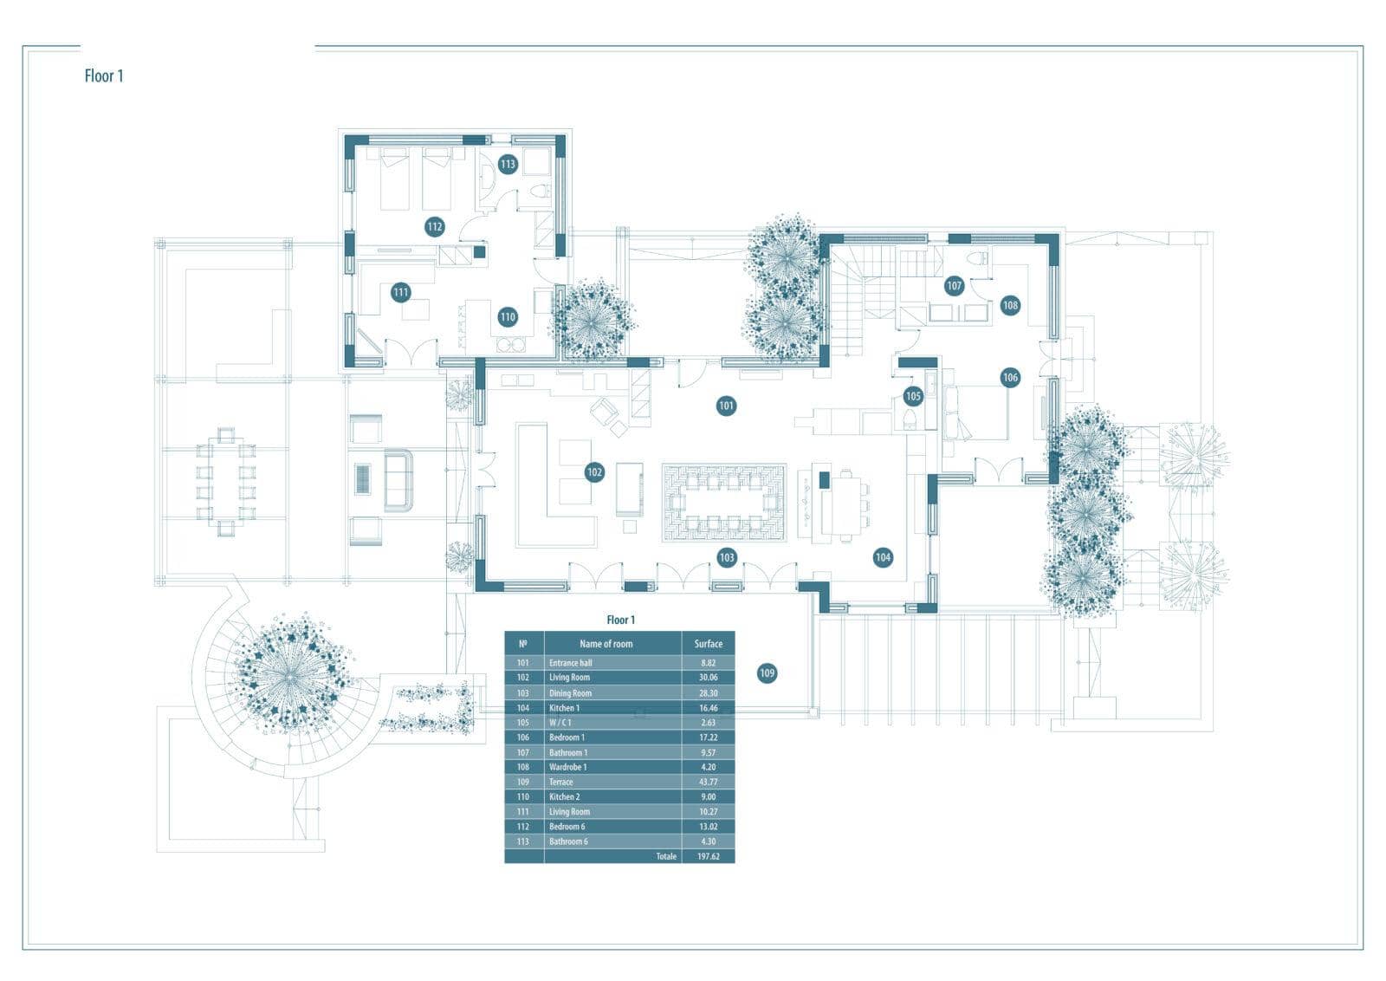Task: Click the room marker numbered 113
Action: pyautogui.click(x=508, y=164)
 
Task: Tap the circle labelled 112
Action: pyautogui.click(x=434, y=226)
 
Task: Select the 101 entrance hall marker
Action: pyautogui.click(x=727, y=406)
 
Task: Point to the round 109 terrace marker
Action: pyautogui.click(x=767, y=672)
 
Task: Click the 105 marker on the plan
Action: pyautogui.click(x=913, y=396)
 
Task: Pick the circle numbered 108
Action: pyautogui.click(x=1010, y=305)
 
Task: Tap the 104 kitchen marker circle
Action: pyautogui.click(x=883, y=557)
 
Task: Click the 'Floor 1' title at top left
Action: pyautogui.click(x=104, y=76)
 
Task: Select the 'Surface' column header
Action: pyautogui.click(x=709, y=644)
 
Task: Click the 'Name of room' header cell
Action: pyautogui.click(x=606, y=644)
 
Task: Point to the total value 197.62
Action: pyautogui.click(x=709, y=856)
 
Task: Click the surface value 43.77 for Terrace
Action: pyautogui.click(x=709, y=782)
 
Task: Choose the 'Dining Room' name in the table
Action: pyautogui.click(x=571, y=693)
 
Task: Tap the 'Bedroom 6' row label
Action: pyautogui.click(x=567, y=826)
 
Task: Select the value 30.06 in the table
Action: pyautogui.click(x=709, y=677)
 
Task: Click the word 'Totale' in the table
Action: pyautogui.click(x=666, y=856)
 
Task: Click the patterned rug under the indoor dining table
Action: pyautogui.click(x=724, y=503)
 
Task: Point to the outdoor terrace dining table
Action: pyautogui.click(x=226, y=482)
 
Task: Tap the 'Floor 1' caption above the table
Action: pyautogui.click(x=620, y=620)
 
